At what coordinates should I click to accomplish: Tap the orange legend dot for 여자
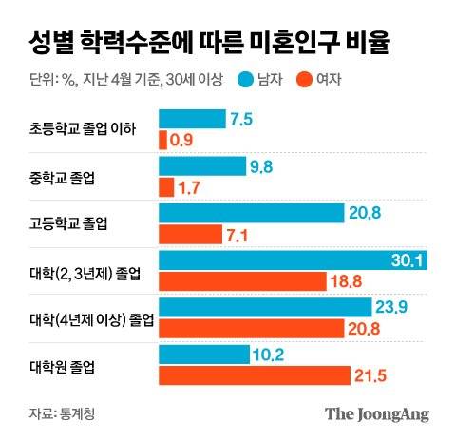[306, 81]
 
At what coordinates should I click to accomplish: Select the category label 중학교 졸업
[62, 177]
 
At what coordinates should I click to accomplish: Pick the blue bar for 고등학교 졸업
[251, 212]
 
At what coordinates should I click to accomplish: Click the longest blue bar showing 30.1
[293, 260]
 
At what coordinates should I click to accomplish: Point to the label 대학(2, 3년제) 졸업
[84, 272]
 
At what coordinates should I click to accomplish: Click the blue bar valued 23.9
[264, 307]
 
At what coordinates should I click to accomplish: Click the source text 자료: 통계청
[63, 412]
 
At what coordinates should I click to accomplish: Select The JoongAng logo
[376, 413]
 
